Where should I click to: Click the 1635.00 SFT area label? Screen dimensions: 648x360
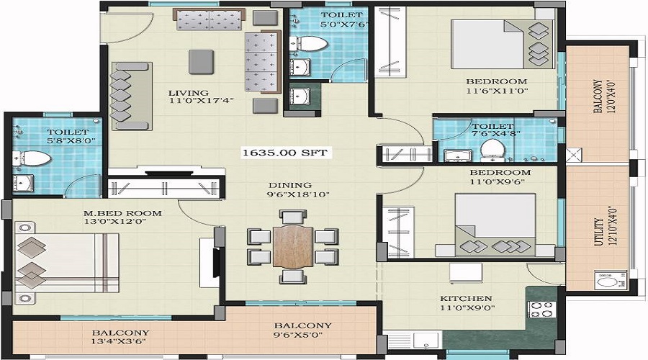click(x=284, y=153)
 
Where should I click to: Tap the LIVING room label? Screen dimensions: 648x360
click(x=189, y=93)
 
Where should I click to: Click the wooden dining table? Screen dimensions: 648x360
click(x=293, y=246)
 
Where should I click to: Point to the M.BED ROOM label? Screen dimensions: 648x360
click(x=122, y=213)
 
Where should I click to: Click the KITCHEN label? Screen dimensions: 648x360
click(x=466, y=298)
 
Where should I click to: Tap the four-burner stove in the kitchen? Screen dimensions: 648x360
click(x=541, y=310)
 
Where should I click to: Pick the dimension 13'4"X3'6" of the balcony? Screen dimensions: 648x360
click(x=119, y=342)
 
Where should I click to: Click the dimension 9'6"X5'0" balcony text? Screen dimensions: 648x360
click(x=298, y=335)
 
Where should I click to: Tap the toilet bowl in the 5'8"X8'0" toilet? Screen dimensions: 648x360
click(x=36, y=158)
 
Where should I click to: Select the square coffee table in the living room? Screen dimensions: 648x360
click(x=202, y=62)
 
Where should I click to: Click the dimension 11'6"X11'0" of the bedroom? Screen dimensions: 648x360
click(x=497, y=91)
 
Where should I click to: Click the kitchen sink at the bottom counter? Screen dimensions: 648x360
click(x=427, y=341)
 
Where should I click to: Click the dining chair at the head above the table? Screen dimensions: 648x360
click(x=293, y=216)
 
